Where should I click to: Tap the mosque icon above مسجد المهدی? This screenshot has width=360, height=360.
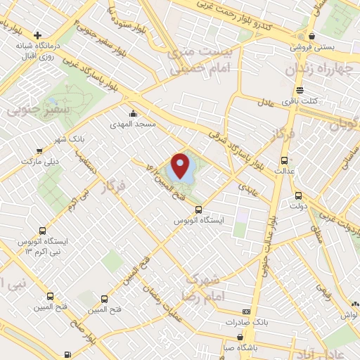tap(133, 113)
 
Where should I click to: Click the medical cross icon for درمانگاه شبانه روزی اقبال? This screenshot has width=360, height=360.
tap(37, 34)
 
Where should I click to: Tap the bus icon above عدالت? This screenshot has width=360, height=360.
tap(285, 160)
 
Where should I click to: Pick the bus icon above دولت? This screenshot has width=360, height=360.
tap(298, 196)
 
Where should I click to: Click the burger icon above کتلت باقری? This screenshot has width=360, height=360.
tap(300, 90)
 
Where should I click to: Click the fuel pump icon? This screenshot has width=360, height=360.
tap(67, 354)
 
